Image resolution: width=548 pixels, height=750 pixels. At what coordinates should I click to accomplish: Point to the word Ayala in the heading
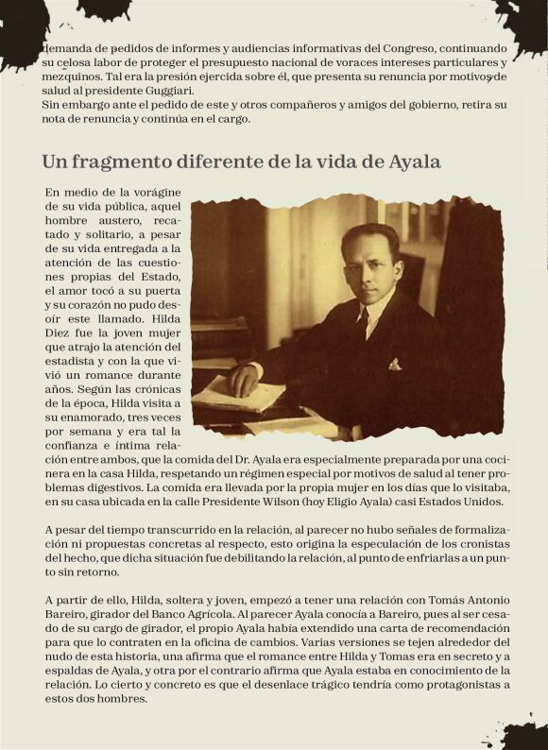pyautogui.click(x=411, y=161)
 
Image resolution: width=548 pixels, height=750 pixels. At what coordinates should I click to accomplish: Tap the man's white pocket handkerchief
pyautogui.click(x=394, y=364)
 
